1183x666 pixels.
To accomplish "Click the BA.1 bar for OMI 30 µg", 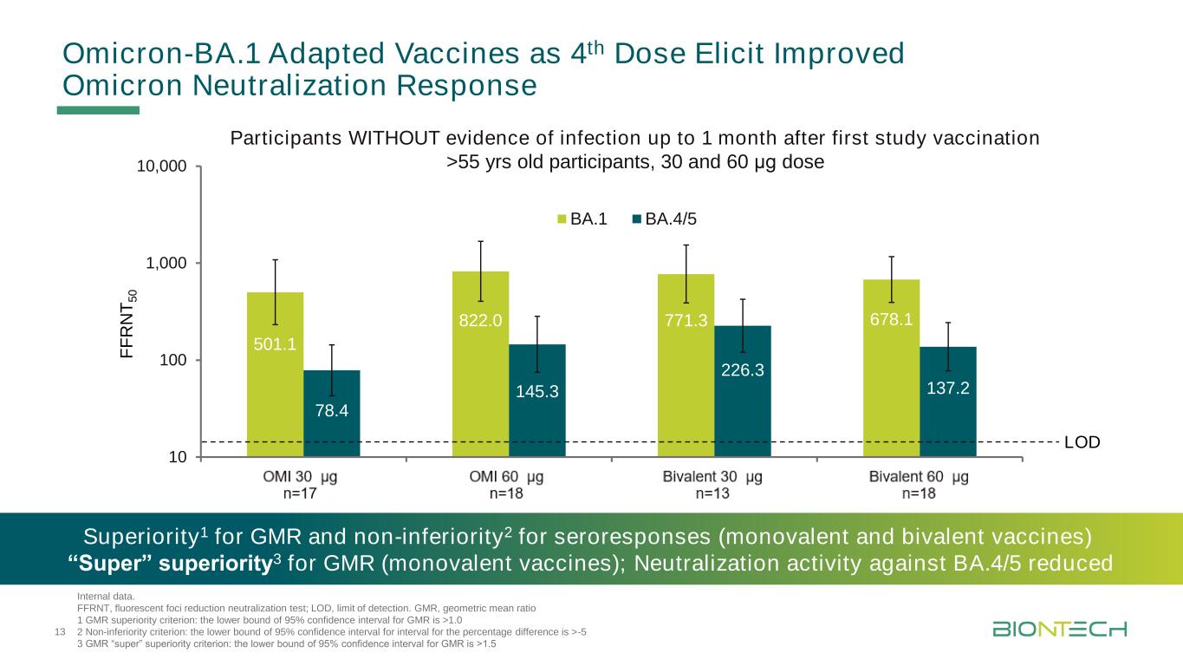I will (x=275, y=382).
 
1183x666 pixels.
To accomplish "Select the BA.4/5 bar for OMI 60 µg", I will (x=537, y=408).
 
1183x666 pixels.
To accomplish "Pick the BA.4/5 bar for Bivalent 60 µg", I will (x=948, y=408).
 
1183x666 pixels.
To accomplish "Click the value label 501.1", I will (x=275, y=344).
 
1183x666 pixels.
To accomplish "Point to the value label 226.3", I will (x=742, y=370).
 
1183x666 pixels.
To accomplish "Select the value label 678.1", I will (x=891, y=320).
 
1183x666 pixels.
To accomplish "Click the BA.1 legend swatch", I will (x=562, y=219).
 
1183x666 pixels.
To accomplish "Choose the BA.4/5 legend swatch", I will (x=638, y=219).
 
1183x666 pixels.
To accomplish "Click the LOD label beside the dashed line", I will (x=1082, y=442).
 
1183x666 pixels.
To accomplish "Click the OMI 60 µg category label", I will (x=506, y=477).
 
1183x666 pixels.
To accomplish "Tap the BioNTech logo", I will (x=1059, y=628).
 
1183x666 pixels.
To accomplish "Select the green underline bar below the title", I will (x=98, y=110).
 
